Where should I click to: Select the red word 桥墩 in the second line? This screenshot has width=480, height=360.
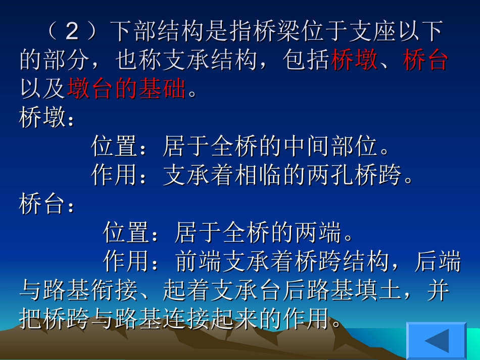click(354, 61)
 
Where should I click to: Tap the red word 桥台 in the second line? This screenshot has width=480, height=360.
click(425, 61)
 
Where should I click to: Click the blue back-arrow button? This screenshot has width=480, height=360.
click(437, 340)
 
